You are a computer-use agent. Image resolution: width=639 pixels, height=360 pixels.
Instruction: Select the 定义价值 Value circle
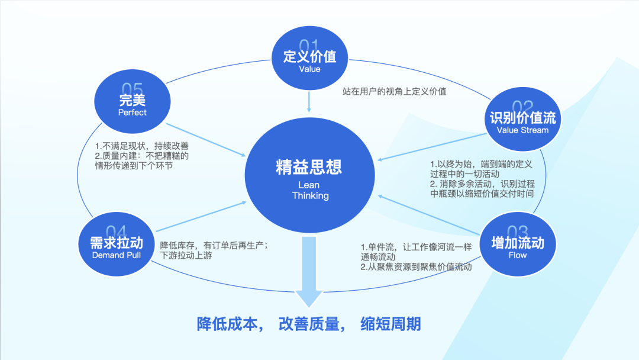pyautogui.click(x=309, y=60)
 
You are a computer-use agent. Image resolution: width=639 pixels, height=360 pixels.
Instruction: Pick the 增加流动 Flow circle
pyautogui.click(x=517, y=245)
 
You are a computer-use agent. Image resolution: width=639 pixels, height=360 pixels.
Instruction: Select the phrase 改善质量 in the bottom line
pyautogui.click(x=309, y=324)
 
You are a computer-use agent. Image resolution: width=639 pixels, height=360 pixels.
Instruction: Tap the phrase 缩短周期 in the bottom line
pyautogui.click(x=390, y=324)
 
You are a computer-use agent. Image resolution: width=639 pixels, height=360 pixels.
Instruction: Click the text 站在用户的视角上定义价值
pyautogui.click(x=394, y=92)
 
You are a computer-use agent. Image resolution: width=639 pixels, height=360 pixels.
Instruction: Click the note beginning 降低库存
pyautogui.click(x=215, y=250)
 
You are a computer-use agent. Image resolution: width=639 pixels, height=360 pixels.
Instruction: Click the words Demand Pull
pyautogui.click(x=117, y=255)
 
